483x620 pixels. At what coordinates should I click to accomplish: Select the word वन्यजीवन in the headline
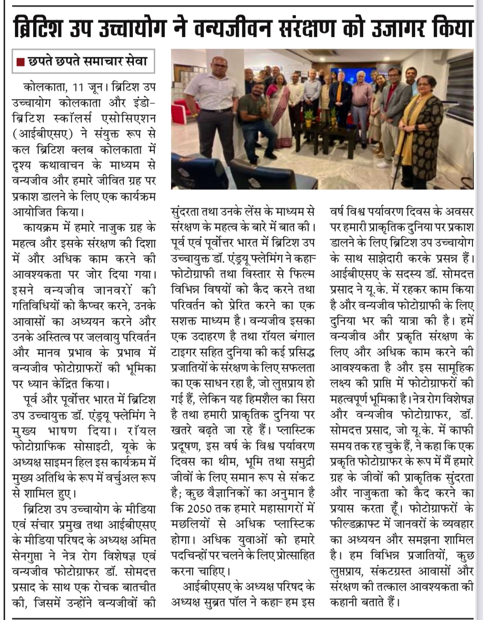(231, 28)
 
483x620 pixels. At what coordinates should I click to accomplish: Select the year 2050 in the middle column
(199, 508)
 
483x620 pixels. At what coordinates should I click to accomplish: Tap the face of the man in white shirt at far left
(220, 67)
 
